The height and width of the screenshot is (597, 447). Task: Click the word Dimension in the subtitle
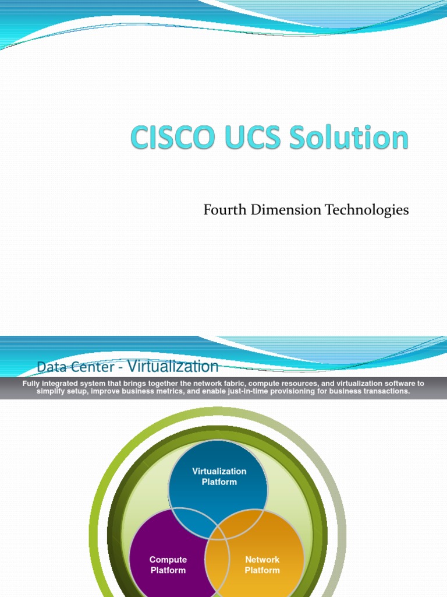point(278,210)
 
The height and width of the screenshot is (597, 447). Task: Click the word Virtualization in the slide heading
point(173,366)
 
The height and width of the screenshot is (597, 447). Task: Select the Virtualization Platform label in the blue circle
point(219,476)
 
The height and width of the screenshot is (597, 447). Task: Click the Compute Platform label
point(168,565)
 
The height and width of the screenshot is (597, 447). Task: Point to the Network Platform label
point(262,565)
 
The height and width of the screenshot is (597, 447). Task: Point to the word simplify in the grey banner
point(51,391)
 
